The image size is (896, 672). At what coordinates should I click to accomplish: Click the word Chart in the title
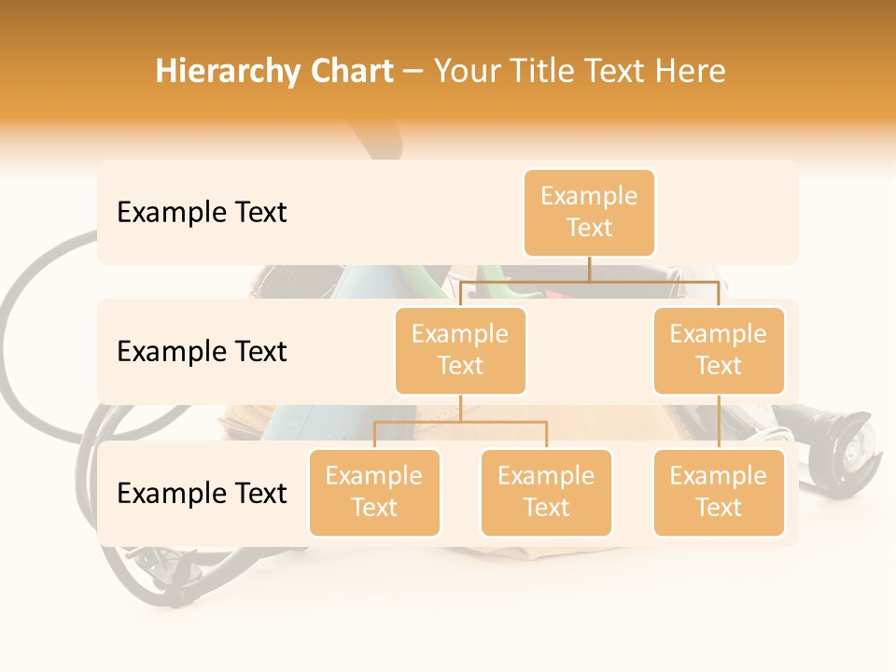[x=352, y=71]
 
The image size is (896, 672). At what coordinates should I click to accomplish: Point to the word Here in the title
[x=692, y=71]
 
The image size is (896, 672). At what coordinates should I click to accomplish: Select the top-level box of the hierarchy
[x=589, y=212]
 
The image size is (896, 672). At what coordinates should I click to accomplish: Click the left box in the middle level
[x=460, y=350]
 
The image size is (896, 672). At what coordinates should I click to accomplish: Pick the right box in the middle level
[x=719, y=350]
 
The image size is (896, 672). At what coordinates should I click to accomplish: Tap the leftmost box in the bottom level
[x=374, y=492]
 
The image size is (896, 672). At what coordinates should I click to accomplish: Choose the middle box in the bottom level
[x=546, y=492]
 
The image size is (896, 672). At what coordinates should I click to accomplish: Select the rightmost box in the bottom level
[x=719, y=492]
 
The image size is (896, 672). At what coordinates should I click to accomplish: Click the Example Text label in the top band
[x=202, y=212]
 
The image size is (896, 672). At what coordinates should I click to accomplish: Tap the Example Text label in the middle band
[x=202, y=351]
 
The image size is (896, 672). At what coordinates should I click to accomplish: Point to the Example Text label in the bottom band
[x=202, y=493]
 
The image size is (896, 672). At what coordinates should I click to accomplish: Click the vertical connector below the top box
[x=589, y=269]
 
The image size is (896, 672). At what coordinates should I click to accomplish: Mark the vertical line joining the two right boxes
[x=719, y=422]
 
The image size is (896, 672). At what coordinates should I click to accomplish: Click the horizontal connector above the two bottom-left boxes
[x=460, y=422]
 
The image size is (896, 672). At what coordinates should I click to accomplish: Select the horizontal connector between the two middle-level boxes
[x=589, y=280]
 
